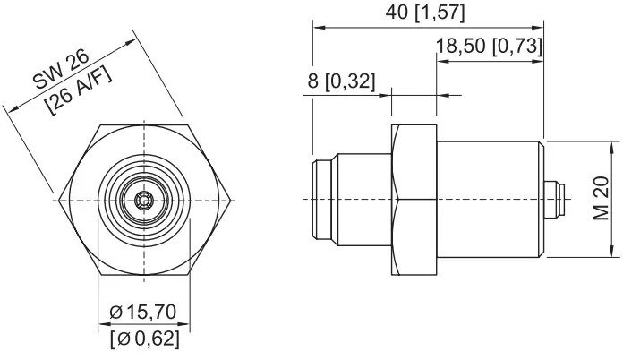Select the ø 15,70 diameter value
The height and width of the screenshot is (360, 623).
click(144, 313)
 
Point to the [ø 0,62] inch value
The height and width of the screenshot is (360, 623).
click(144, 339)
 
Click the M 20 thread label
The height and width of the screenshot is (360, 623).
click(601, 201)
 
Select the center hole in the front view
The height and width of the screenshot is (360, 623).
click(143, 198)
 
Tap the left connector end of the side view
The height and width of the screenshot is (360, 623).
click(323, 199)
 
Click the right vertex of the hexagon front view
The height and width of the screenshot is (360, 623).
click(235, 198)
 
